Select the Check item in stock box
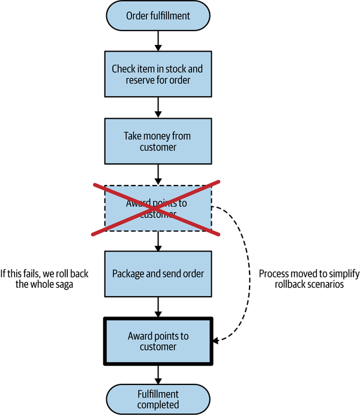click(x=157, y=73)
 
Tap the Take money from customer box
click(x=157, y=141)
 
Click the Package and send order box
click(x=158, y=273)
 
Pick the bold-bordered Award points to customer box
click(x=158, y=341)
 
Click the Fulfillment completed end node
click(x=157, y=399)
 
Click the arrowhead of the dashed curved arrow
click(x=217, y=341)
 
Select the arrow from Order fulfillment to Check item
click(x=158, y=39)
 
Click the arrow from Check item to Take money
click(x=158, y=106)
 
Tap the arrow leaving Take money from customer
click(x=158, y=174)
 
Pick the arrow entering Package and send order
click(x=158, y=242)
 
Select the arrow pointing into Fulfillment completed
click(x=158, y=375)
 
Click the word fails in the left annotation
click(x=31, y=274)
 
